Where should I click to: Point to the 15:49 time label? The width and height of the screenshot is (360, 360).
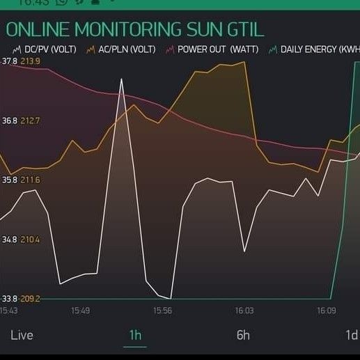(x=80, y=311)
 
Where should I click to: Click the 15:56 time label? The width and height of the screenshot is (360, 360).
(x=162, y=311)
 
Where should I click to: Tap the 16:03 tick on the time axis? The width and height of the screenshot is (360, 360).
(x=244, y=311)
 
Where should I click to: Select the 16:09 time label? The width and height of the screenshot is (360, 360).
(x=327, y=311)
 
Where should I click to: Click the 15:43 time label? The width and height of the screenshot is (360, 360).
(x=9, y=311)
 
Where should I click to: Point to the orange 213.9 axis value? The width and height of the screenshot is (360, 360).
(x=31, y=61)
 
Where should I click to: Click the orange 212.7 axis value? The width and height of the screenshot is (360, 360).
(x=31, y=121)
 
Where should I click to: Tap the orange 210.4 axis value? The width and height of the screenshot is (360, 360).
(x=31, y=240)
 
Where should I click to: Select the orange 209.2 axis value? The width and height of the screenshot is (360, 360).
(x=31, y=299)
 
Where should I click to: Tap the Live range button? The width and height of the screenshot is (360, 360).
(x=22, y=335)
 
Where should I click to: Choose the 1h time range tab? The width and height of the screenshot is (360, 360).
(x=135, y=335)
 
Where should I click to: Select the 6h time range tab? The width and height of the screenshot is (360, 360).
(x=242, y=335)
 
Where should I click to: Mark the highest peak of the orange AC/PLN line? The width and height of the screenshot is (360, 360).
(x=245, y=62)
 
